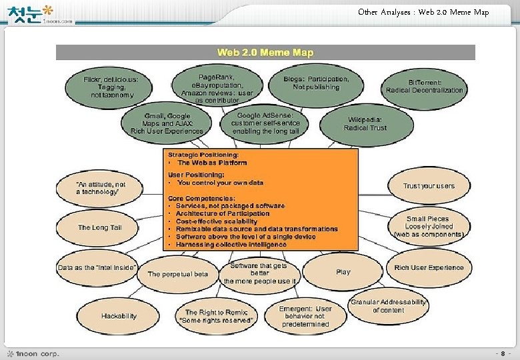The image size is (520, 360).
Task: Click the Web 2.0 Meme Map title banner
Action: [265, 52]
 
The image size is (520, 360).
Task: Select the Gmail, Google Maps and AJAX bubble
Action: [168, 124]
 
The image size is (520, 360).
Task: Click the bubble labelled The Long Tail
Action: [99, 227]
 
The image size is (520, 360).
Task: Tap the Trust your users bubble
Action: [429, 186]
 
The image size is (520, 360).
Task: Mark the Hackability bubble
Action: [119, 316]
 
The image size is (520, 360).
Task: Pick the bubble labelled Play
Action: [343, 272]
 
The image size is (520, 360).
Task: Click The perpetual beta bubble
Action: [178, 274]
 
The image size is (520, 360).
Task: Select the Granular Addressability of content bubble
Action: [389, 306]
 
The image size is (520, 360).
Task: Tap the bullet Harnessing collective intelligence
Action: [231, 245]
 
